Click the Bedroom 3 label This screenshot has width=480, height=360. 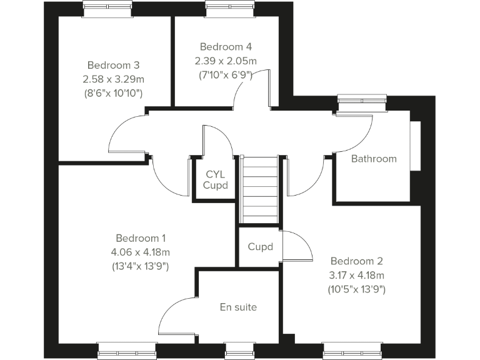tap(113, 65)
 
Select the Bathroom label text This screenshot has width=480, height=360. tap(374, 159)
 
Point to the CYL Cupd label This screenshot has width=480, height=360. tap(216, 180)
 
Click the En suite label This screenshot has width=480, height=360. tap(238, 307)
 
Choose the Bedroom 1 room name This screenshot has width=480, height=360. tap(141, 238)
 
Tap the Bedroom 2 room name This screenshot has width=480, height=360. tap(356, 261)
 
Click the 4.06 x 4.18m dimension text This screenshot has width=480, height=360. tap(141, 252)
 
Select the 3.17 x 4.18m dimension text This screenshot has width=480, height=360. tap(356, 275)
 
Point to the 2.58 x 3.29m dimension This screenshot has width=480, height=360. tap(113, 79)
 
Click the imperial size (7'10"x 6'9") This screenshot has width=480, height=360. tap(226, 74)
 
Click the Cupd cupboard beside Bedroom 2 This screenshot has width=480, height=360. tap(260, 247)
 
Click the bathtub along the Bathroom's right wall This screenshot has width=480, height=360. tap(415, 144)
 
